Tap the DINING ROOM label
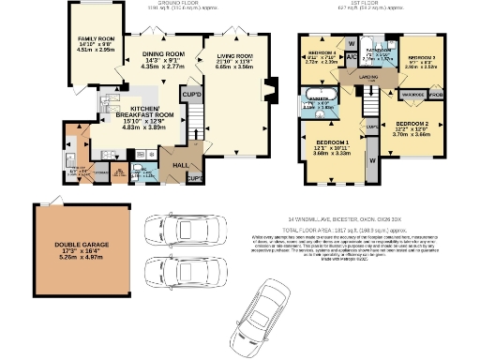point(161,55)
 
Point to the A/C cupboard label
point(350,57)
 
